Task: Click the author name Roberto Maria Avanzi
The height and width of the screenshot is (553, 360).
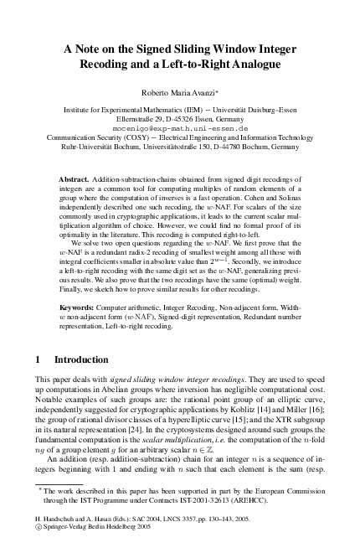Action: pyautogui.click(x=179, y=94)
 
